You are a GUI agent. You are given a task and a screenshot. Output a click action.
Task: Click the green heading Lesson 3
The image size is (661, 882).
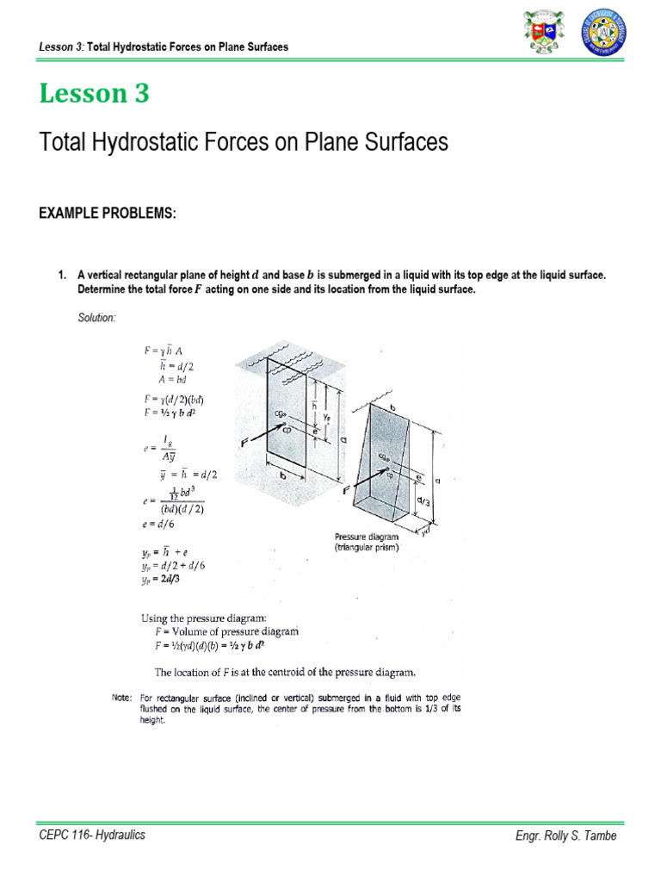point(94,94)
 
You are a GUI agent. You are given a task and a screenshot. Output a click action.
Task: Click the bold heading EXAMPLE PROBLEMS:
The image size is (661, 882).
point(108,214)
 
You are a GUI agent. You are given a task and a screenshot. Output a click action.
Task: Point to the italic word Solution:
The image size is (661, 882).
point(96,318)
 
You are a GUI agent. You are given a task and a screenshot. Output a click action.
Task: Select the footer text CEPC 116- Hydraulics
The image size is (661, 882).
point(92,835)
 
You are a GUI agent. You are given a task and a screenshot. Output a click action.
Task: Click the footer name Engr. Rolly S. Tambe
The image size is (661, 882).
point(565,835)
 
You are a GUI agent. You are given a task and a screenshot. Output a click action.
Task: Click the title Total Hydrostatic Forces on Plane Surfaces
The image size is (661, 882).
point(244,142)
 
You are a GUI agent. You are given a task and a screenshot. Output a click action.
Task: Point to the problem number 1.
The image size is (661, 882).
point(62,275)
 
